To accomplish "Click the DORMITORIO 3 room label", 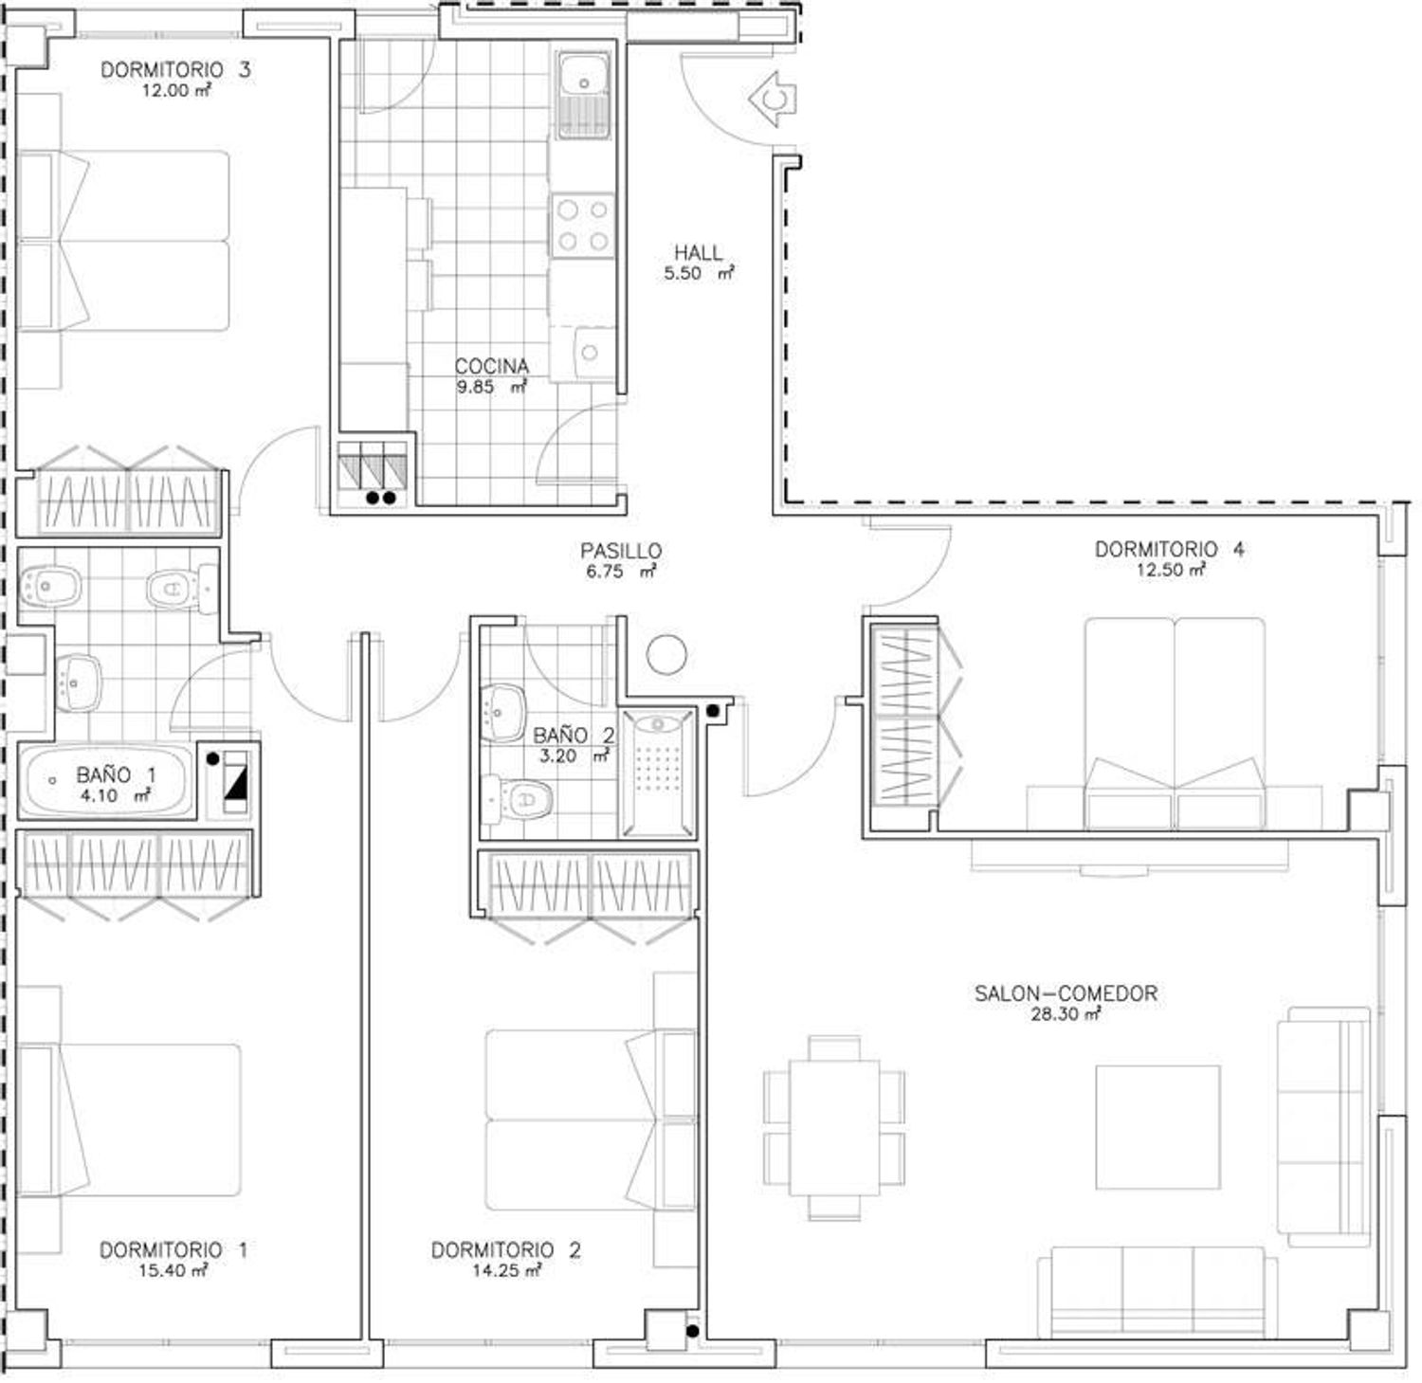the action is tap(175, 70).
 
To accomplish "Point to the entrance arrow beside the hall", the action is tap(773, 99).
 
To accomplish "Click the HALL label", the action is tap(699, 253).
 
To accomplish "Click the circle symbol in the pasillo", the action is tap(666, 654).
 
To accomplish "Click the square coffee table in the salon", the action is tap(1158, 1127).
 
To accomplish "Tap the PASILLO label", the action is tap(621, 551).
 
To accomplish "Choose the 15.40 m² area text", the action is tap(173, 1271).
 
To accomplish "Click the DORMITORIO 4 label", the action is tap(1170, 549).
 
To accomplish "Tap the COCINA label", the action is tap(491, 366).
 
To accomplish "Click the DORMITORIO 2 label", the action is tap(506, 1250).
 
